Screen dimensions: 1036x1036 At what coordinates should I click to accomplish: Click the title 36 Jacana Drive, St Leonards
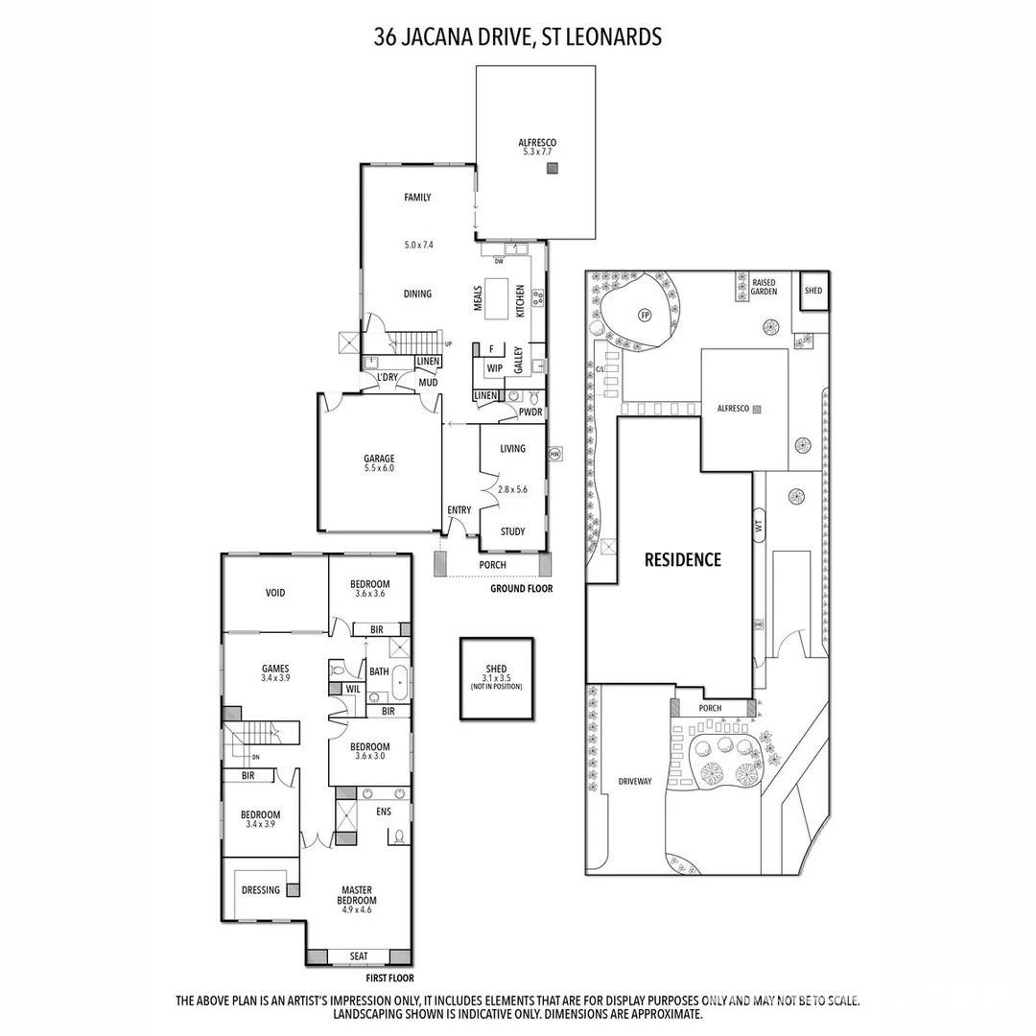[518, 37]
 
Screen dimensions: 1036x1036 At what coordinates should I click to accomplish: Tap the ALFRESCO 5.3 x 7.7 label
[536, 148]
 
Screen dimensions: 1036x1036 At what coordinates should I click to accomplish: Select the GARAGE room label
[379, 463]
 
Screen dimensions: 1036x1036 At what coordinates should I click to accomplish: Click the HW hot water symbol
[554, 454]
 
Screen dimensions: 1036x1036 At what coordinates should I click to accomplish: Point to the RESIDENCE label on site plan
[682, 559]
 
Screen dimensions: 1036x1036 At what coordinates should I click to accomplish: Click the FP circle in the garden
[645, 315]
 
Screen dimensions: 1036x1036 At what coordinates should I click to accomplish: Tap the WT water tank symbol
[759, 525]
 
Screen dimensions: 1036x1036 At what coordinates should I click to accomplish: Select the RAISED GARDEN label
[764, 287]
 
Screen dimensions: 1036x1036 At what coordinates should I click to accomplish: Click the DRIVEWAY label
[634, 781]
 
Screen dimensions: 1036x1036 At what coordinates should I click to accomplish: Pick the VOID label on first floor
[275, 593]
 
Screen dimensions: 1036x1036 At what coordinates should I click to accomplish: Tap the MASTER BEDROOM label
[356, 895]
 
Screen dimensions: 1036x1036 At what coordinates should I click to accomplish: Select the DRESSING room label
[261, 889]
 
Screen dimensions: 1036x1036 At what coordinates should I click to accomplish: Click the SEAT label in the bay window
[359, 955]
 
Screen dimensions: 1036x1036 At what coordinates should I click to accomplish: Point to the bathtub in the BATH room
[400, 685]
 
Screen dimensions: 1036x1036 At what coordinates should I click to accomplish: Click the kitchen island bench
[497, 297]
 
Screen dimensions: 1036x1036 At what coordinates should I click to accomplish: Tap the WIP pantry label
[495, 368]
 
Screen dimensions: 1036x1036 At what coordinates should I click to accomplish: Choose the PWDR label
[530, 412]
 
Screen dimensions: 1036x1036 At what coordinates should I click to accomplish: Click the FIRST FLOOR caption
[389, 978]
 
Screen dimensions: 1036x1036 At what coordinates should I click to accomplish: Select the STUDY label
[512, 531]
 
